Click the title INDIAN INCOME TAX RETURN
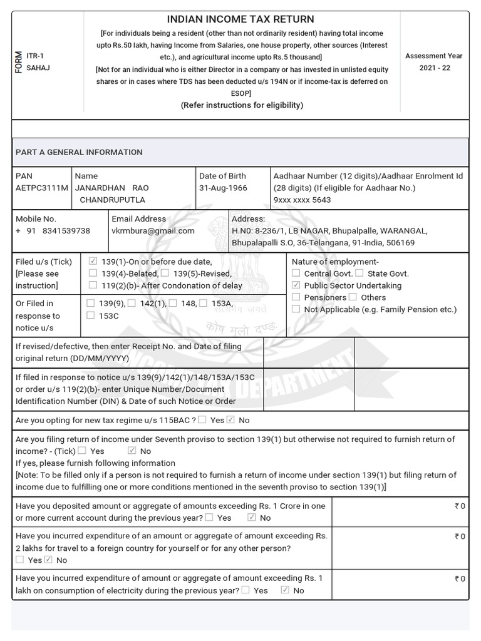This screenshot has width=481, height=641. click(240, 19)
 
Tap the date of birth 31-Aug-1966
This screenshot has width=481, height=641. click(223, 188)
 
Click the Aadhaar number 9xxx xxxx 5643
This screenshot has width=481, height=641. click(303, 200)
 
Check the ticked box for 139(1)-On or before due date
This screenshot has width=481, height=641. click(93, 262)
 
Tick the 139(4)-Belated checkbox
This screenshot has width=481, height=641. click(93, 274)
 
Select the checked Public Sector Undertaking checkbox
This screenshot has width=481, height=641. click(296, 285)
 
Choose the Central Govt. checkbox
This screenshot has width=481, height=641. click(296, 274)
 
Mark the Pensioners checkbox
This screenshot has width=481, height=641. click(296, 297)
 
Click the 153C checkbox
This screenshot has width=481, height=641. click(91, 316)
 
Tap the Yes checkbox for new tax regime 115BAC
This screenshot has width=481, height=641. click(202, 420)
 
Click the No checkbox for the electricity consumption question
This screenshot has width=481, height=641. click(285, 590)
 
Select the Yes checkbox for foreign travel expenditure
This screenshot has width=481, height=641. click(20, 560)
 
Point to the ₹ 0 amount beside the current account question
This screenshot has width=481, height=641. click(460, 506)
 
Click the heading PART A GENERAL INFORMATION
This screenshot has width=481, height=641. click(79, 152)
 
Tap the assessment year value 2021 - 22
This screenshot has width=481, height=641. click(433, 68)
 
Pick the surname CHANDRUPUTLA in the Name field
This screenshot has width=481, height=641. click(112, 200)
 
